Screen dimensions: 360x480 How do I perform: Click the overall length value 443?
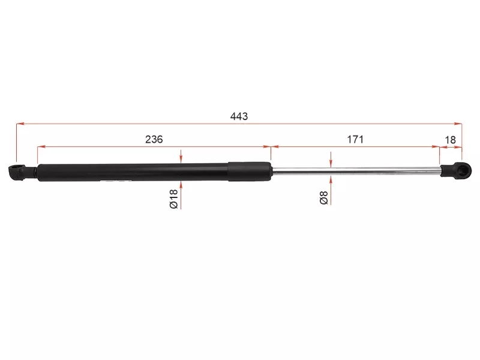click(x=239, y=116)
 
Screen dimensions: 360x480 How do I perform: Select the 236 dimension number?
click(x=154, y=139)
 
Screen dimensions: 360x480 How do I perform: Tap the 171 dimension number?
click(x=355, y=139)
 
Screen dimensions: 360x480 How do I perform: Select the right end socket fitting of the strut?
click(x=453, y=171)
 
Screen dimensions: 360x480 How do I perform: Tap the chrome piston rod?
click(x=354, y=172)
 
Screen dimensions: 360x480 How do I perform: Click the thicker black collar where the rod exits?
click(x=249, y=171)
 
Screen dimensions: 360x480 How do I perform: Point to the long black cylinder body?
click(x=132, y=172)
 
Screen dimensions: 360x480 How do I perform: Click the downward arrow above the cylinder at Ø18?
click(x=181, y=158)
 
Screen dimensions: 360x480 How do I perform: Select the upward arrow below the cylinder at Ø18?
click(x=181, y=185)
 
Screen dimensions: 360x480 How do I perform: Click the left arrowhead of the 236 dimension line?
click(x=41, y=146)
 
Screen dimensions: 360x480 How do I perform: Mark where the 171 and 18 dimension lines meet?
click(x=440, y=146)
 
